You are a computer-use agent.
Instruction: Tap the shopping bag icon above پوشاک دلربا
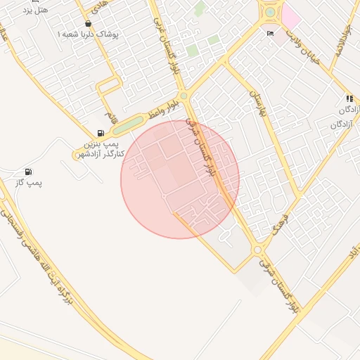pyautogui.click(x=88, y=23)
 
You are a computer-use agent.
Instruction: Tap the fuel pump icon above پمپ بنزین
pyautogui.click(x=101, y=133)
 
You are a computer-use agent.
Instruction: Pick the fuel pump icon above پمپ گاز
pyautogui.click(x=28, y=172)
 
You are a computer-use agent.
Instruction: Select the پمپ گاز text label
pyautogui.click(x=29, y=184)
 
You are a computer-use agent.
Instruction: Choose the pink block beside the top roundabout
pyautogui.click(x=290, y=15)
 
